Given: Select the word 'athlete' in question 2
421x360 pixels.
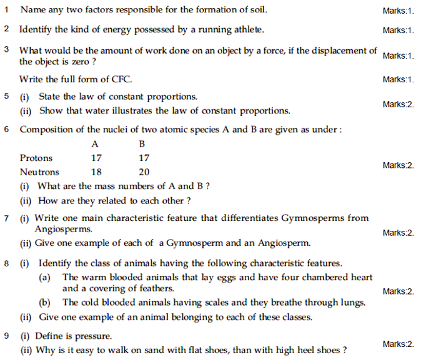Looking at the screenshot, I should pyautogui.click(x=247, y=29).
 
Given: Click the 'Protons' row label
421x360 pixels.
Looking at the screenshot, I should pyautogui.click(x=36, y=158).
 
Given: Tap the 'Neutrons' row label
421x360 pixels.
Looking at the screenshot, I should pyautogui.click(x=39, y=172).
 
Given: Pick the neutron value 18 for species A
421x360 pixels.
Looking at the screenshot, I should pyautogui.click(x=96, y=172).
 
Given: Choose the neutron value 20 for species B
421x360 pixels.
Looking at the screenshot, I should pyautogui.click(x=144, y=172).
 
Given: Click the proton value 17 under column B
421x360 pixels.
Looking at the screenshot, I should pyautogui.click(x=144, y=158).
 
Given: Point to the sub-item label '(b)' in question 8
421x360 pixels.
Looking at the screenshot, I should pyautogui.click(x=44, y=303).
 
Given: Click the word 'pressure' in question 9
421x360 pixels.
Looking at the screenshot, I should pyautogui.click(x=95, y=336).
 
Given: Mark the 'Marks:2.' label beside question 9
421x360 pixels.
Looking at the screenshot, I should pyautogui.click(x=399, y=344).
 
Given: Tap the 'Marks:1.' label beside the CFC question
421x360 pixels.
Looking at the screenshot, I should pyautogui.click(x=399, y=79).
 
